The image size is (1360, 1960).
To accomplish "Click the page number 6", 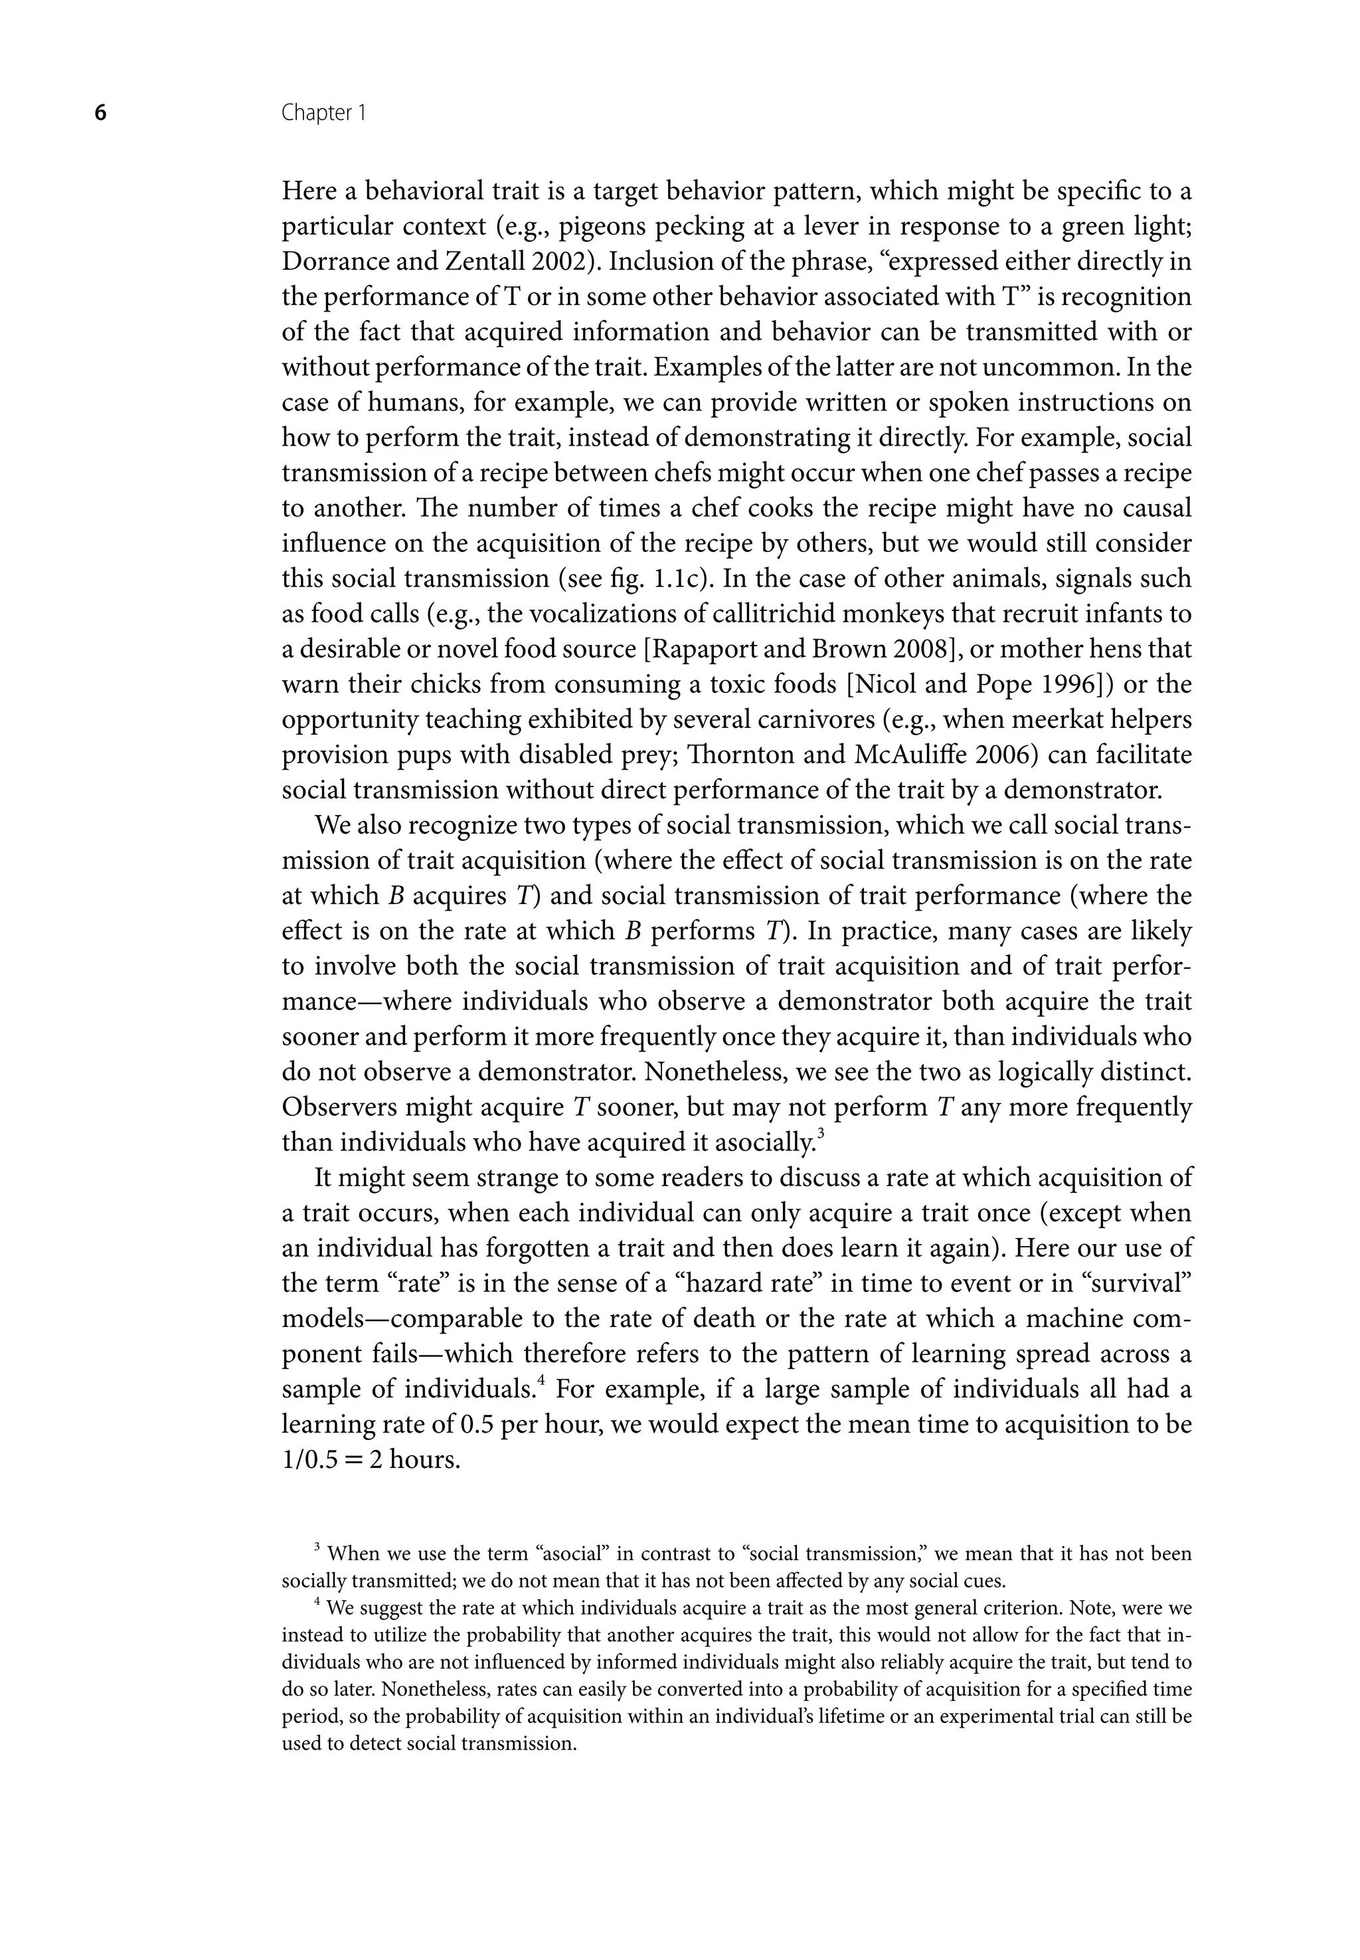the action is pos(100,114).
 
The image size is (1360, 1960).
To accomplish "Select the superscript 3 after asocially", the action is pos(821,1133).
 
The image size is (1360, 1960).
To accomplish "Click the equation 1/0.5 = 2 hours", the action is pos(371,1460).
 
